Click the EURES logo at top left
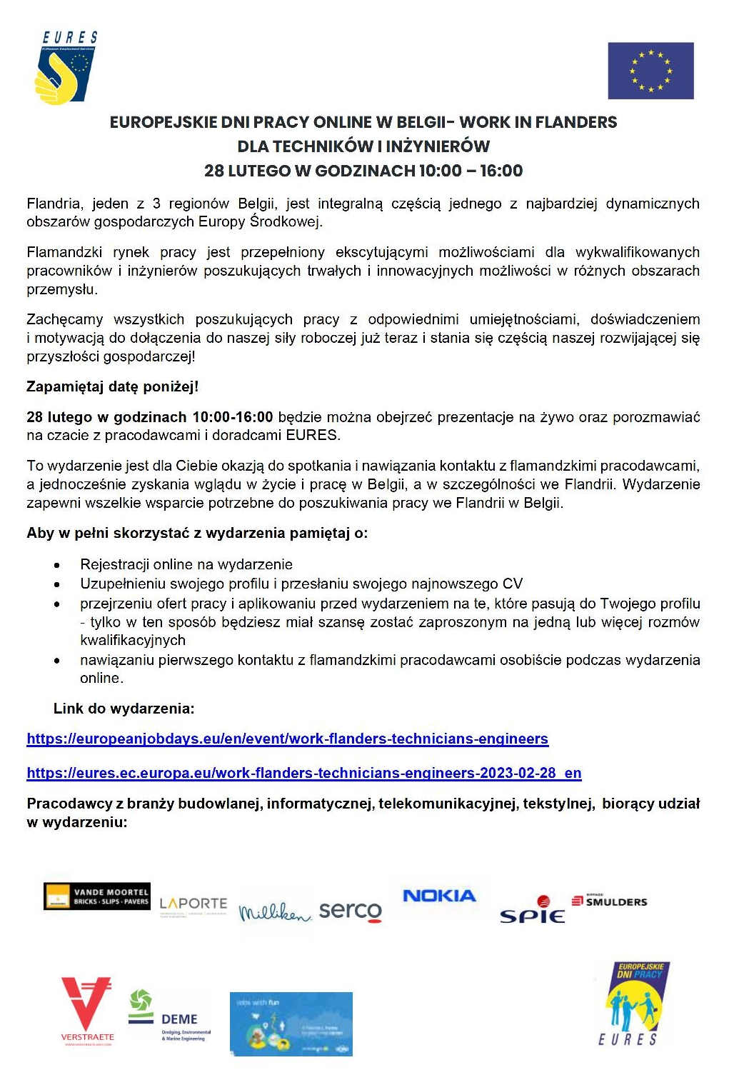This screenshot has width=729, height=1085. coord(66,69)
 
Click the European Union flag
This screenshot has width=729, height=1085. coord(650,71)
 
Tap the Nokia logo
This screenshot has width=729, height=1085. coord(439,896)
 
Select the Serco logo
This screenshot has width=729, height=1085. coord(350,911)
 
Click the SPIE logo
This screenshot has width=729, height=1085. coord(533,911)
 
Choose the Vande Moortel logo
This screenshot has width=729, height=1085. coord(97,896)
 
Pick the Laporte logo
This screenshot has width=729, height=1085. coord(193,906)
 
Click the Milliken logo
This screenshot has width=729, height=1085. coord(275,913)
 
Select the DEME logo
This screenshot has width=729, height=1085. coord(170,1016)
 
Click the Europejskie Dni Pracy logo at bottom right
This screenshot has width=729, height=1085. coord(633,1003)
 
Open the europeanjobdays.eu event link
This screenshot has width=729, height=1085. coord(287,739)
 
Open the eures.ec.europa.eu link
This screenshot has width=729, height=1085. coord(303,773)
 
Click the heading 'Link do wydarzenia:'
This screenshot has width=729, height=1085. coord(124,709)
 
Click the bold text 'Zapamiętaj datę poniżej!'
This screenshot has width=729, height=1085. coord(112,386)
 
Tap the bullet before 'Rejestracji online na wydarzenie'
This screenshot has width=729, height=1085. coord(56,565)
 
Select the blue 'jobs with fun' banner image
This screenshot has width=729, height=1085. coord(291,1024)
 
